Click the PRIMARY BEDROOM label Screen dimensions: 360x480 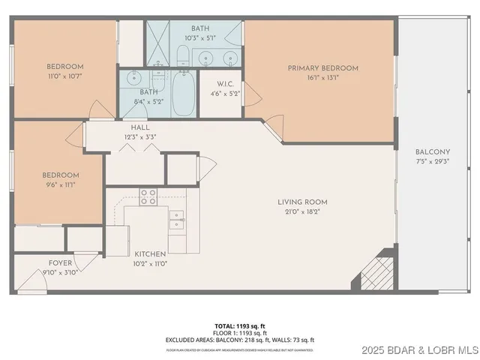click(x=323, y=68)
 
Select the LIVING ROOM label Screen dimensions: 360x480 click(x=302, y=202)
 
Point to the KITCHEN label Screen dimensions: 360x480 click(x=150, y=254)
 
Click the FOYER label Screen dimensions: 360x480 click(x=60, y=263)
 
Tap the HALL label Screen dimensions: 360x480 click(x=140, y=128)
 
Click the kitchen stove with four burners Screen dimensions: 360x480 click(x=148, y=196)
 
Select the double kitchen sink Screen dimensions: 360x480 click(x=178, y=219)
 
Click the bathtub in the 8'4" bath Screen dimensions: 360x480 click(x=183, y=94)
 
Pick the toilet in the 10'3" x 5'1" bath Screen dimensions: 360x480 click(x=182, y=54)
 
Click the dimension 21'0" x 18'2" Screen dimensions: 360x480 click(x=302, y=211)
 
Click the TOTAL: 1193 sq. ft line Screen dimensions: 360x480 click(x=239, y=325)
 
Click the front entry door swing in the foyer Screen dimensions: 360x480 click(x=31, y=282)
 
